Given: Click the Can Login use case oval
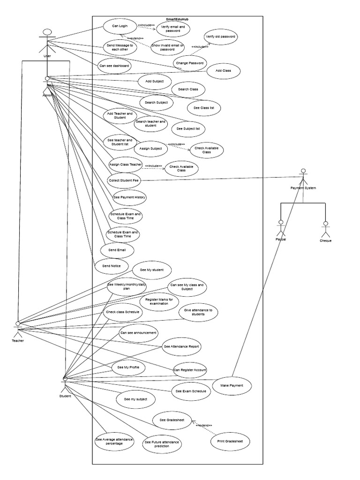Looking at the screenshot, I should pos(120,26).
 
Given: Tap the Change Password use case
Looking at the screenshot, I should pos(190,62).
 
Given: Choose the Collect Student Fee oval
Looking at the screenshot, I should pos(124,180).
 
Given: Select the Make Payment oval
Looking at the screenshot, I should pos(232,385).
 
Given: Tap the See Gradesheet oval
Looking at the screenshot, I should pos(172,420).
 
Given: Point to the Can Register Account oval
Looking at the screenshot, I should pos(190,370).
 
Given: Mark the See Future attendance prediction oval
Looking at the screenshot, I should pos(163,444).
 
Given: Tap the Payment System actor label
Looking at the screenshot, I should pos(303,188).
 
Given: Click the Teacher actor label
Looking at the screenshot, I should pos(18,341).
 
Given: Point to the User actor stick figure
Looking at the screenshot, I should pos(47,41).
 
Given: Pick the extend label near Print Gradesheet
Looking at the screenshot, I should pos(204,425).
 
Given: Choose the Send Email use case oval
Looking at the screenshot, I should pos(117,250).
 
